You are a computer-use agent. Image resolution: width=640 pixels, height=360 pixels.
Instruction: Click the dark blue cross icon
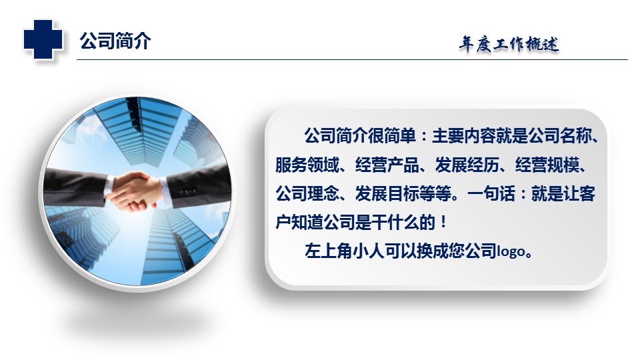(43, 39)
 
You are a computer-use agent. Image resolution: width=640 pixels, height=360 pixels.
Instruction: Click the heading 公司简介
(115, 41)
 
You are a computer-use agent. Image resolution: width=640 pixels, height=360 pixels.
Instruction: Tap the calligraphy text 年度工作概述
(509, 44)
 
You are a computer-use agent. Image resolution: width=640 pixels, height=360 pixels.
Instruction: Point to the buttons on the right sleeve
(187, 191)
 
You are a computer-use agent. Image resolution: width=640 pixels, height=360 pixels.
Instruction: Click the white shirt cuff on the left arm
(109, 187)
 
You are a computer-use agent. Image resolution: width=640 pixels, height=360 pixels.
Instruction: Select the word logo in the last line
(511, 251)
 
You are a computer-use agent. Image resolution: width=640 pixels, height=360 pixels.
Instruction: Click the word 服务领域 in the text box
(307, 165)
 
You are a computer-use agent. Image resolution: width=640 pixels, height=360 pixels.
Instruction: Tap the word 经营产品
(387, 165)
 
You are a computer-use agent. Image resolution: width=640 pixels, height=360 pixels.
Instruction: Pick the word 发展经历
(467, 165)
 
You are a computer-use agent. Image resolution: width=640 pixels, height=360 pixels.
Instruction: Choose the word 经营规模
(547, 165)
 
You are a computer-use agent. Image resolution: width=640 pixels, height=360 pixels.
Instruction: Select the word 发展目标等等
(403, 193)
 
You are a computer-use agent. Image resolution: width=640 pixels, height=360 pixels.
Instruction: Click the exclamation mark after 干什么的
(444, 223)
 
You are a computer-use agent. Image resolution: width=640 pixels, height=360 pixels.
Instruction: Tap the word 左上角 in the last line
(329, 251)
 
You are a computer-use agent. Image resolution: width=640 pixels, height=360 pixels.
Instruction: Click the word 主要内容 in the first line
(463, 136)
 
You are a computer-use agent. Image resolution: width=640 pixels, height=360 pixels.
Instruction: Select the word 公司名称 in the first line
(559, 136)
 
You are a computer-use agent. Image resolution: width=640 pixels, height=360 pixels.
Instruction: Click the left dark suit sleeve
(74, 186)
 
